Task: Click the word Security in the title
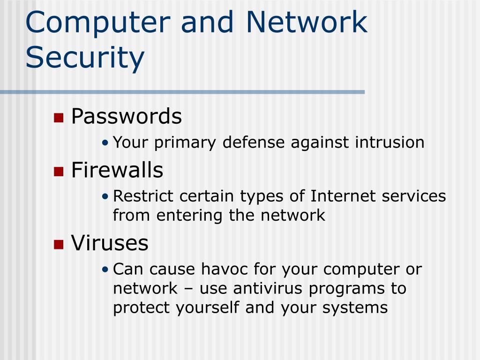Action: [85, 58]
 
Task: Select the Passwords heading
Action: [126, 116]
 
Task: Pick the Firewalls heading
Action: [117, 170]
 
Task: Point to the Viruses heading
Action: [110, 243]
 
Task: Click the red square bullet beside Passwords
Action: [59, 117]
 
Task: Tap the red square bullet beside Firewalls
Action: [59, 171]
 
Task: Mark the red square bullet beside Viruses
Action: [59, 244]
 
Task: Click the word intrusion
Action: [390, 142]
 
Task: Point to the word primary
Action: [186, 142]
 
